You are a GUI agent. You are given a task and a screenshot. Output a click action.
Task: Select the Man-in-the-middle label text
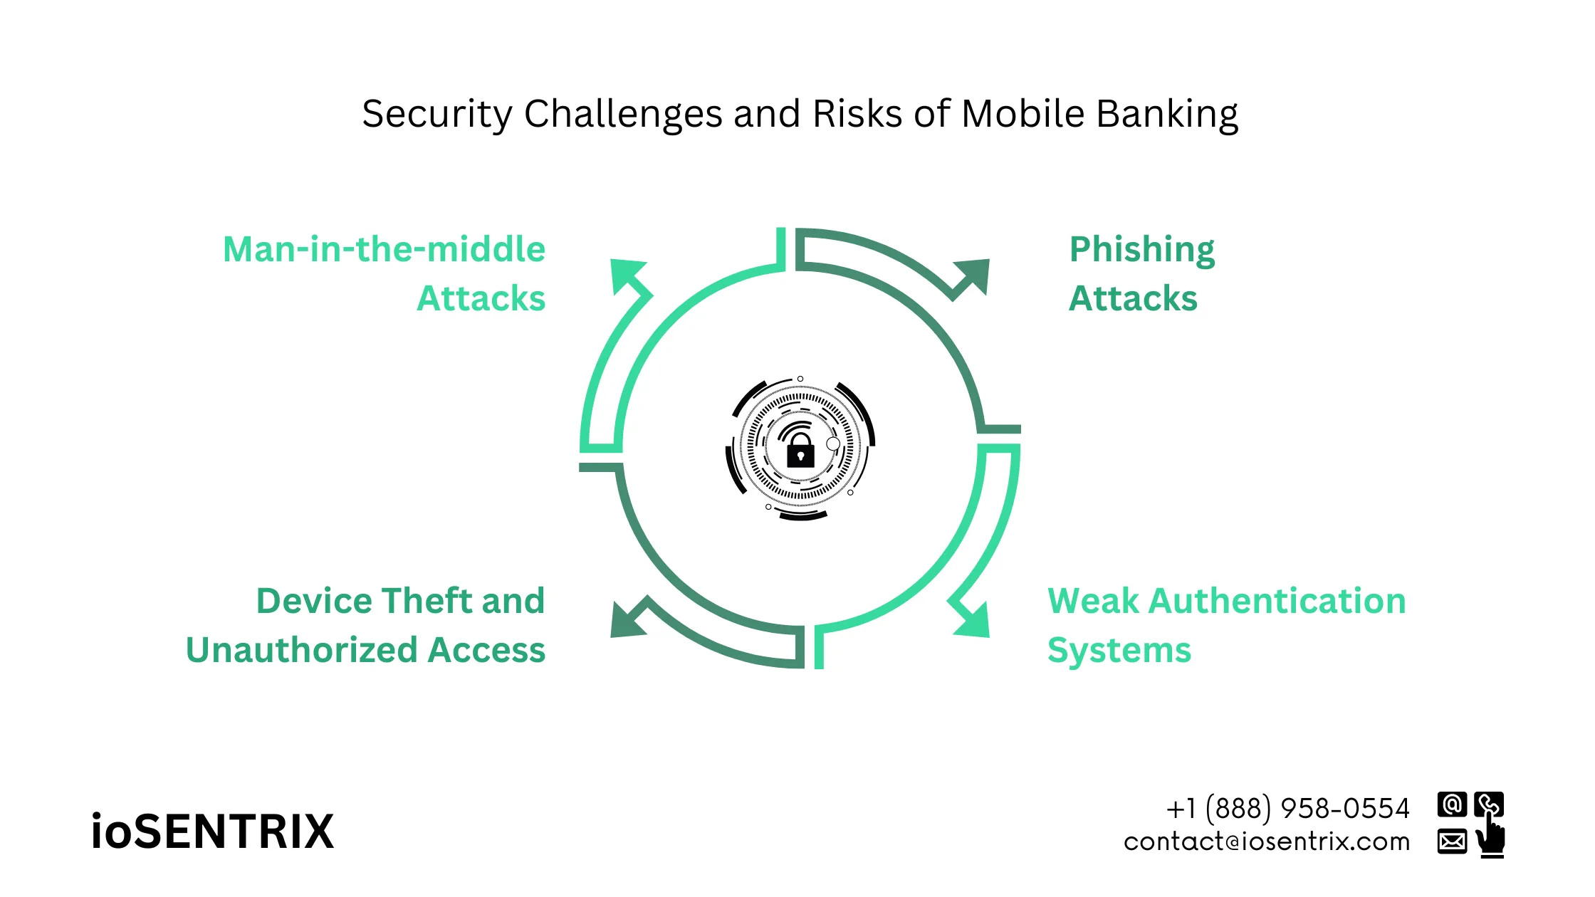[384, 250]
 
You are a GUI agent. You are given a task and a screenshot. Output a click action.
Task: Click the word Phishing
[1141, 250]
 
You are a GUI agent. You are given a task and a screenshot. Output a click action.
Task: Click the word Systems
[1119, 650]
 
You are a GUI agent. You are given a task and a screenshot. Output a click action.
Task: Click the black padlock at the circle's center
[800, 451]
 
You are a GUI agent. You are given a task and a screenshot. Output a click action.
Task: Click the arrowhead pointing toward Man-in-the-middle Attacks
[627, 276]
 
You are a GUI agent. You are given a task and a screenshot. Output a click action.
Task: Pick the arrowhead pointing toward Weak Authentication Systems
[973, 619]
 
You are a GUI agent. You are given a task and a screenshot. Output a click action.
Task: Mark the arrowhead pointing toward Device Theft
[627, 619]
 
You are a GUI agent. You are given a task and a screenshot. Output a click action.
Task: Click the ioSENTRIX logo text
[212, 832]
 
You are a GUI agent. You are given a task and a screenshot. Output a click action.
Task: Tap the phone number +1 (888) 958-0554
[1287, 809]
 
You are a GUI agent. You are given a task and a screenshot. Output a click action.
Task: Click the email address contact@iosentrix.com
[1266, 841]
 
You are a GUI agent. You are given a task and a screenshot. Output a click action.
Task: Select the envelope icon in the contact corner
[1451, 841]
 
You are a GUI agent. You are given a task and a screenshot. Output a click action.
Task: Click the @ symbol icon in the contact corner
[1451, 804]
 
